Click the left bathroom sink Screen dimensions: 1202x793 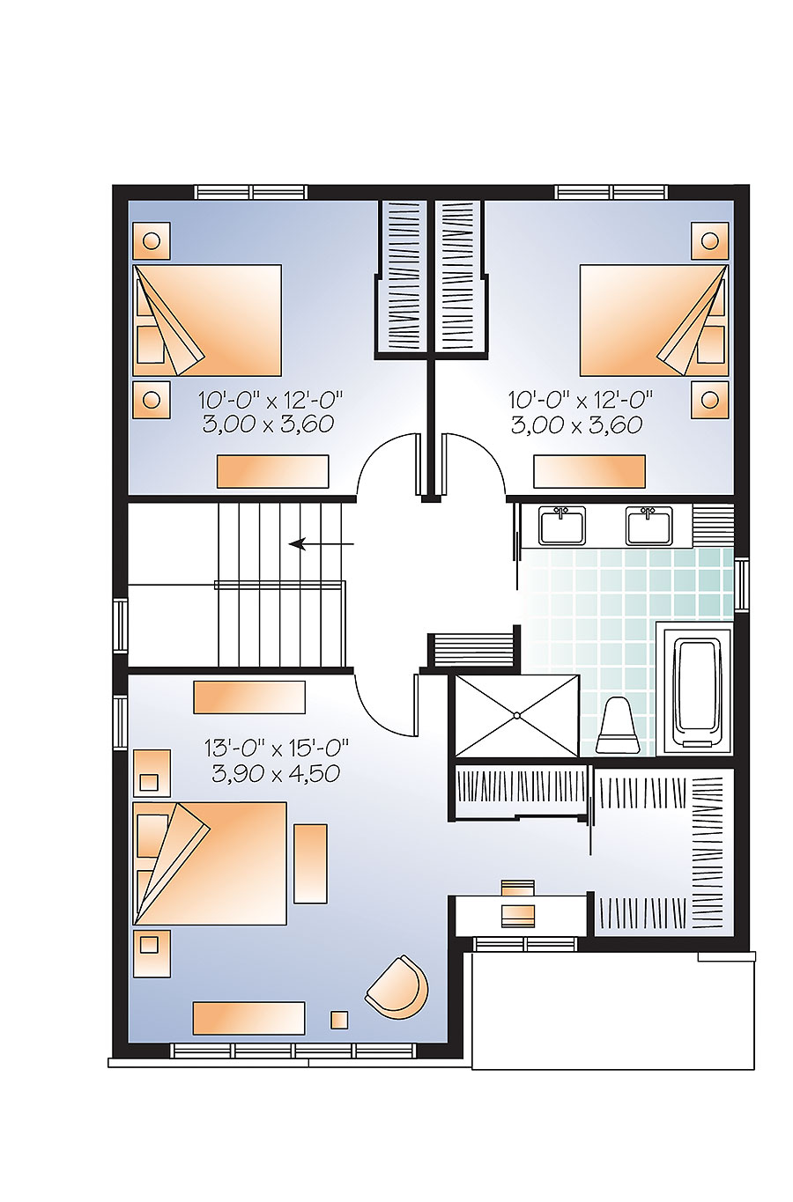point(562,526)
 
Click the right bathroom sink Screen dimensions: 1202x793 point(648,526)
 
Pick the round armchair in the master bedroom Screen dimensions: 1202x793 point(397,988)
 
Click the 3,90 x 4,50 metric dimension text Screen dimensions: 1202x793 point(276,773)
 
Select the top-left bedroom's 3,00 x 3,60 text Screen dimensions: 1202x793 point(268,424)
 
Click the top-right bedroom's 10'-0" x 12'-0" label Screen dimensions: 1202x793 point(581,401)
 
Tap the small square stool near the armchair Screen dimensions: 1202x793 point(339,1020)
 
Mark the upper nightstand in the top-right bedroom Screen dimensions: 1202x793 point(709,240)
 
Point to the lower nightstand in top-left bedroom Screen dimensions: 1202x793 point(151,399)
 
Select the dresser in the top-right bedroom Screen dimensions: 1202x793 point(589,471)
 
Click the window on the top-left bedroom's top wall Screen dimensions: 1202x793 point(251,192)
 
